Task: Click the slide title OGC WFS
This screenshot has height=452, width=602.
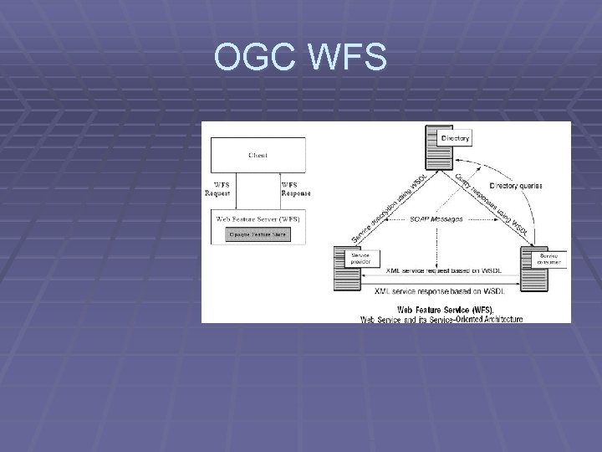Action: click(x=300, y=59)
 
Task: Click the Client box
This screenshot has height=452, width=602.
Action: click(x=258, y=155)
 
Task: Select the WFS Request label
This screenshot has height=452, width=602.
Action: click(x=218, y=188)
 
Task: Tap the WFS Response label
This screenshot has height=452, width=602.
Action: click(x=295, y=188)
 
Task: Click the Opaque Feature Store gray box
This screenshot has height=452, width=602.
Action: click(x=258, y=234)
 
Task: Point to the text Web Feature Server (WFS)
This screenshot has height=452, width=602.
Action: click(x=258, y=219)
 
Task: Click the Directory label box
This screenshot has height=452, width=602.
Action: click(x=457, y=137)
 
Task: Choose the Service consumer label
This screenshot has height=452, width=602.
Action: click(x=550, y=258)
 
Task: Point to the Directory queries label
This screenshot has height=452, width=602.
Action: click(x=516, y=185)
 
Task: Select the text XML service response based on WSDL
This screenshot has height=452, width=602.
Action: click(x=440, y=290)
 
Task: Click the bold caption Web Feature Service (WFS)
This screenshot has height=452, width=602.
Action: click(x=441, y=310)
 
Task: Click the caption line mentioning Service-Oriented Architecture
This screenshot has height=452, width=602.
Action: click(x=441, y=318)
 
